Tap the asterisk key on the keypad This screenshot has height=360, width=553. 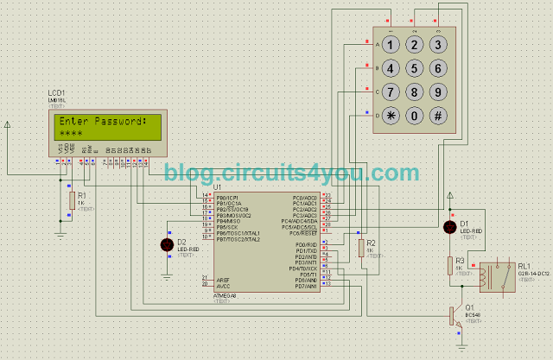point(391,115)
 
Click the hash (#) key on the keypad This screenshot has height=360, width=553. point(439,115)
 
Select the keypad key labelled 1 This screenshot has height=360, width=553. point(391,44)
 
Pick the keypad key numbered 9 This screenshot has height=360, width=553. point(439,92)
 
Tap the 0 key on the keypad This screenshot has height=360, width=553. point(415,115)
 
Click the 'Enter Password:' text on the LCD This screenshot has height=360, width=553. point(100,122)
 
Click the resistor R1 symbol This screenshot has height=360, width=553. point(71,199)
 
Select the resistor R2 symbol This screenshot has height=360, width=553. point(360,248)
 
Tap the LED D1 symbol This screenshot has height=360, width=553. point(449,227)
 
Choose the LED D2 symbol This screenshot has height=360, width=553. point(167,245)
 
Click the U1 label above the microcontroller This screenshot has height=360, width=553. point(217,186)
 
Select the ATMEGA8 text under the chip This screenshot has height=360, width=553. point(226,295)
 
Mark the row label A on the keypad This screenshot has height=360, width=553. point(377,43)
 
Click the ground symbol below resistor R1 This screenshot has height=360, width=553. point(60,232)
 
